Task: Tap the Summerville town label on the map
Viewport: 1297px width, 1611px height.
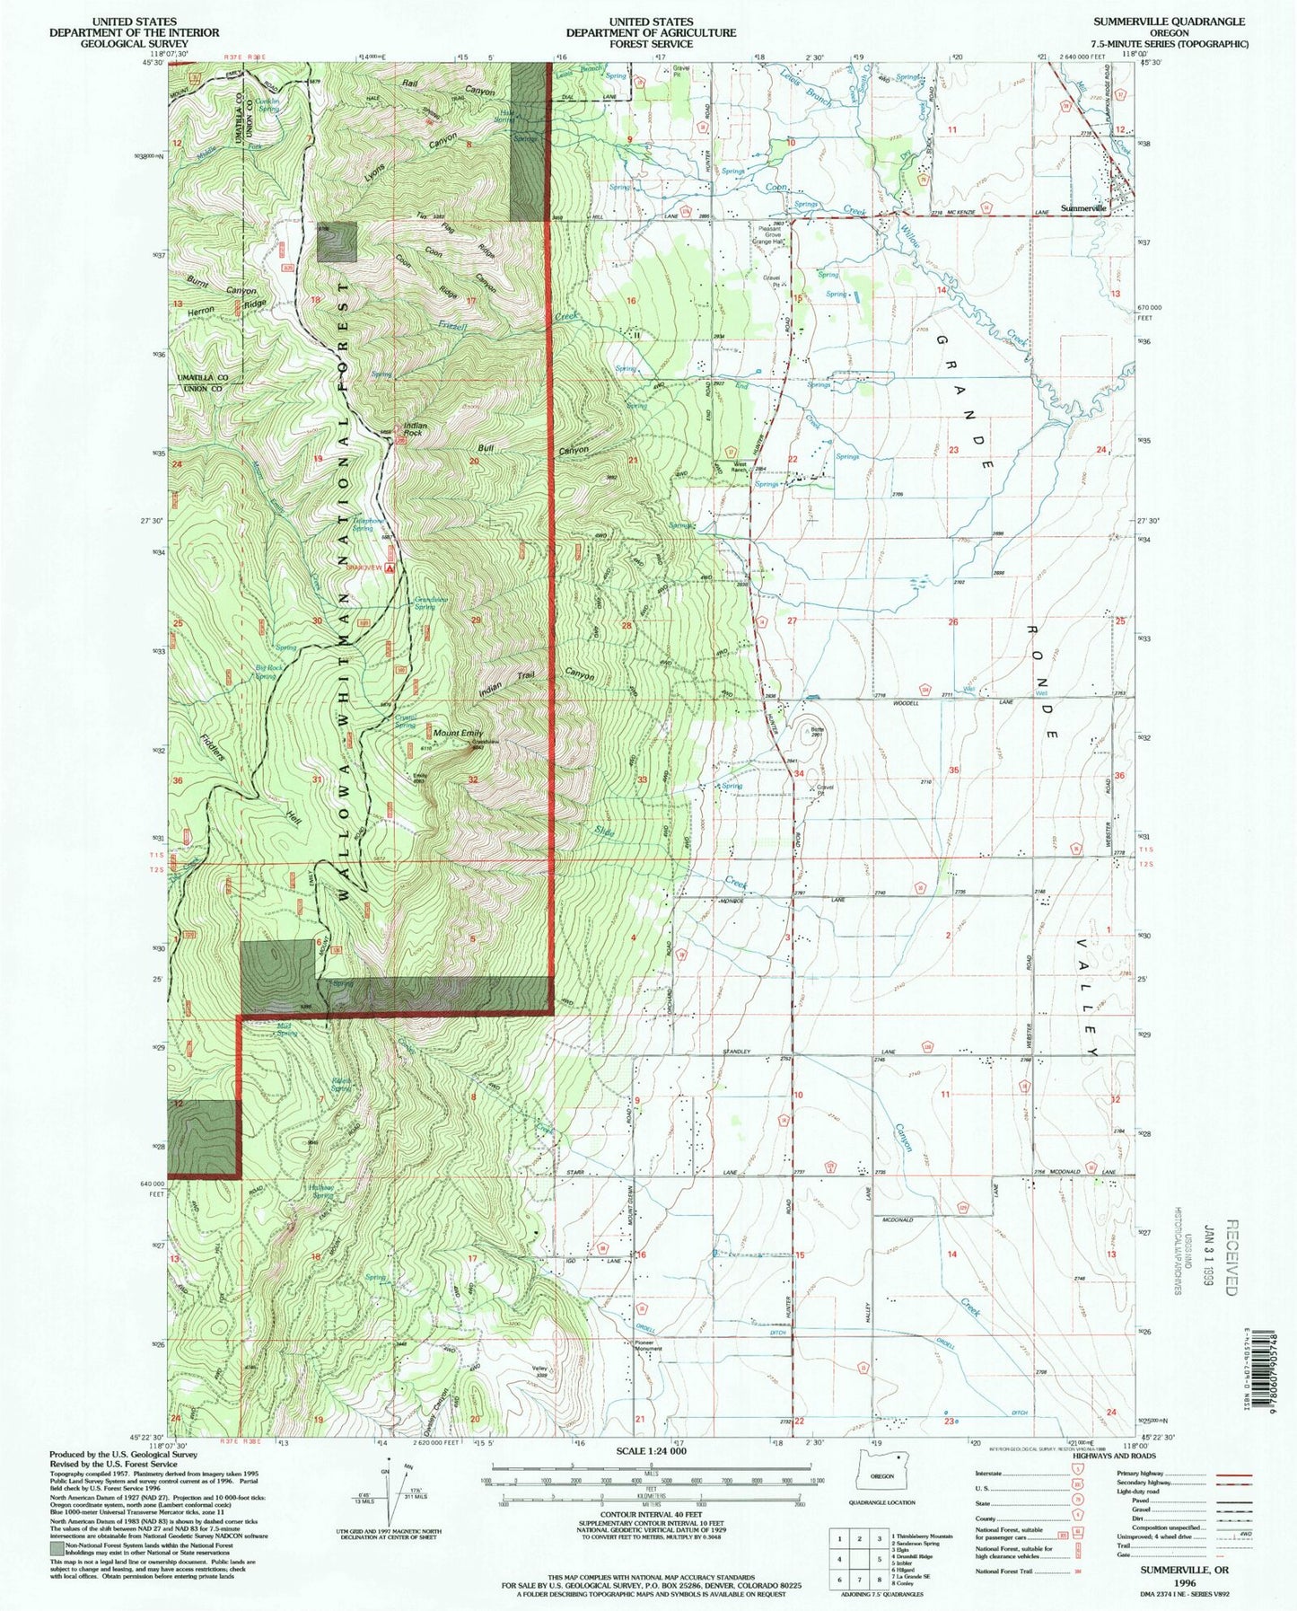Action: [x=1084, y=207]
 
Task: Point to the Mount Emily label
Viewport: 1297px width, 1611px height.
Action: [x=458, y=734]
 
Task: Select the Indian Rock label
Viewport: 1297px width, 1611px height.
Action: [x=414, y=428]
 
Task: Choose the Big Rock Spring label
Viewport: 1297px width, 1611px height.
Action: [x=266, y=672]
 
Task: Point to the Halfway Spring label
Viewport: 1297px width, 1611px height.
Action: [x=322, y=1193]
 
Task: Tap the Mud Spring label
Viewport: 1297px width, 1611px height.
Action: [x=285, y=1029]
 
